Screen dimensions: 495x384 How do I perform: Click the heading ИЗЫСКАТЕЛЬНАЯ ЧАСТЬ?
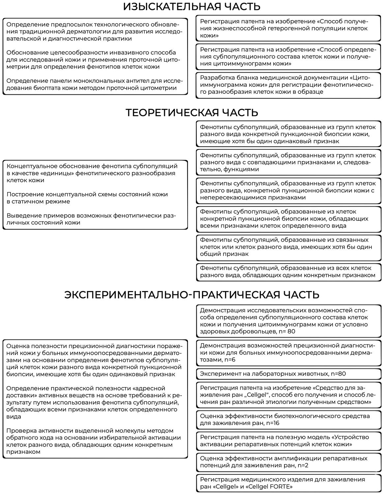tap(192, 7)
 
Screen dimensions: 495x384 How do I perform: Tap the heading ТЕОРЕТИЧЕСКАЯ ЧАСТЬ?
tap(192, 113)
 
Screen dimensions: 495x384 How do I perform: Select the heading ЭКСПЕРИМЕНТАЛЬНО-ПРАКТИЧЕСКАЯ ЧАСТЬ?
tap(192, 294)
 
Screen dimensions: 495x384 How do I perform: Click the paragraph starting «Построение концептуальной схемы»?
tap(87, 198)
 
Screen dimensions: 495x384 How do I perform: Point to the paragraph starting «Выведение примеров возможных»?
tap(91, 219)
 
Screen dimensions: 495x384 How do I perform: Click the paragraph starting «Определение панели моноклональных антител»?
tap(94, 84)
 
